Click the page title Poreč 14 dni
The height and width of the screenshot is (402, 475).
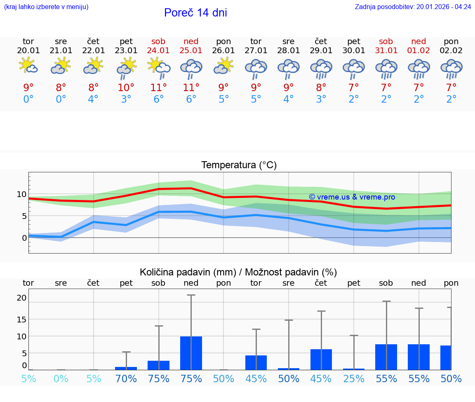[195, 13]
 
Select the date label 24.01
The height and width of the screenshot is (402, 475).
[158, 50]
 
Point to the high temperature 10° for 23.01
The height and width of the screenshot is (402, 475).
[126, 87]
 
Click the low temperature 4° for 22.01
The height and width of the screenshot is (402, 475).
[94, 99]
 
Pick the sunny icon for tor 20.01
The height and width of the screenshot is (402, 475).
[28, 66]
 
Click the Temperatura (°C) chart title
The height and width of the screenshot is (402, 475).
[239, 165]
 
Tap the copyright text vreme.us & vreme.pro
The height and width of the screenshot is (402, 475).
[352, 197]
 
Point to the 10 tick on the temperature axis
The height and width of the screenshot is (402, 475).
[22, 194]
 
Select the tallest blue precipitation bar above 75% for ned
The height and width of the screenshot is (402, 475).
[191, 353]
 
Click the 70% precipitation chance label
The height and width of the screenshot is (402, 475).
[126, 378]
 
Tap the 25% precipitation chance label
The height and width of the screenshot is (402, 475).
[354, 378]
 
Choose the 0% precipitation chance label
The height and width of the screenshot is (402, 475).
[61, 378]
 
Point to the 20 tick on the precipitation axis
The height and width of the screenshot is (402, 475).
[22, 298]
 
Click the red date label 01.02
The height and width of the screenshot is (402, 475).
[419, 50]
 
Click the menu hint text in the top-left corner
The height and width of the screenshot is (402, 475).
[46, 7]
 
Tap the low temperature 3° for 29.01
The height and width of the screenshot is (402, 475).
[321, 99]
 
